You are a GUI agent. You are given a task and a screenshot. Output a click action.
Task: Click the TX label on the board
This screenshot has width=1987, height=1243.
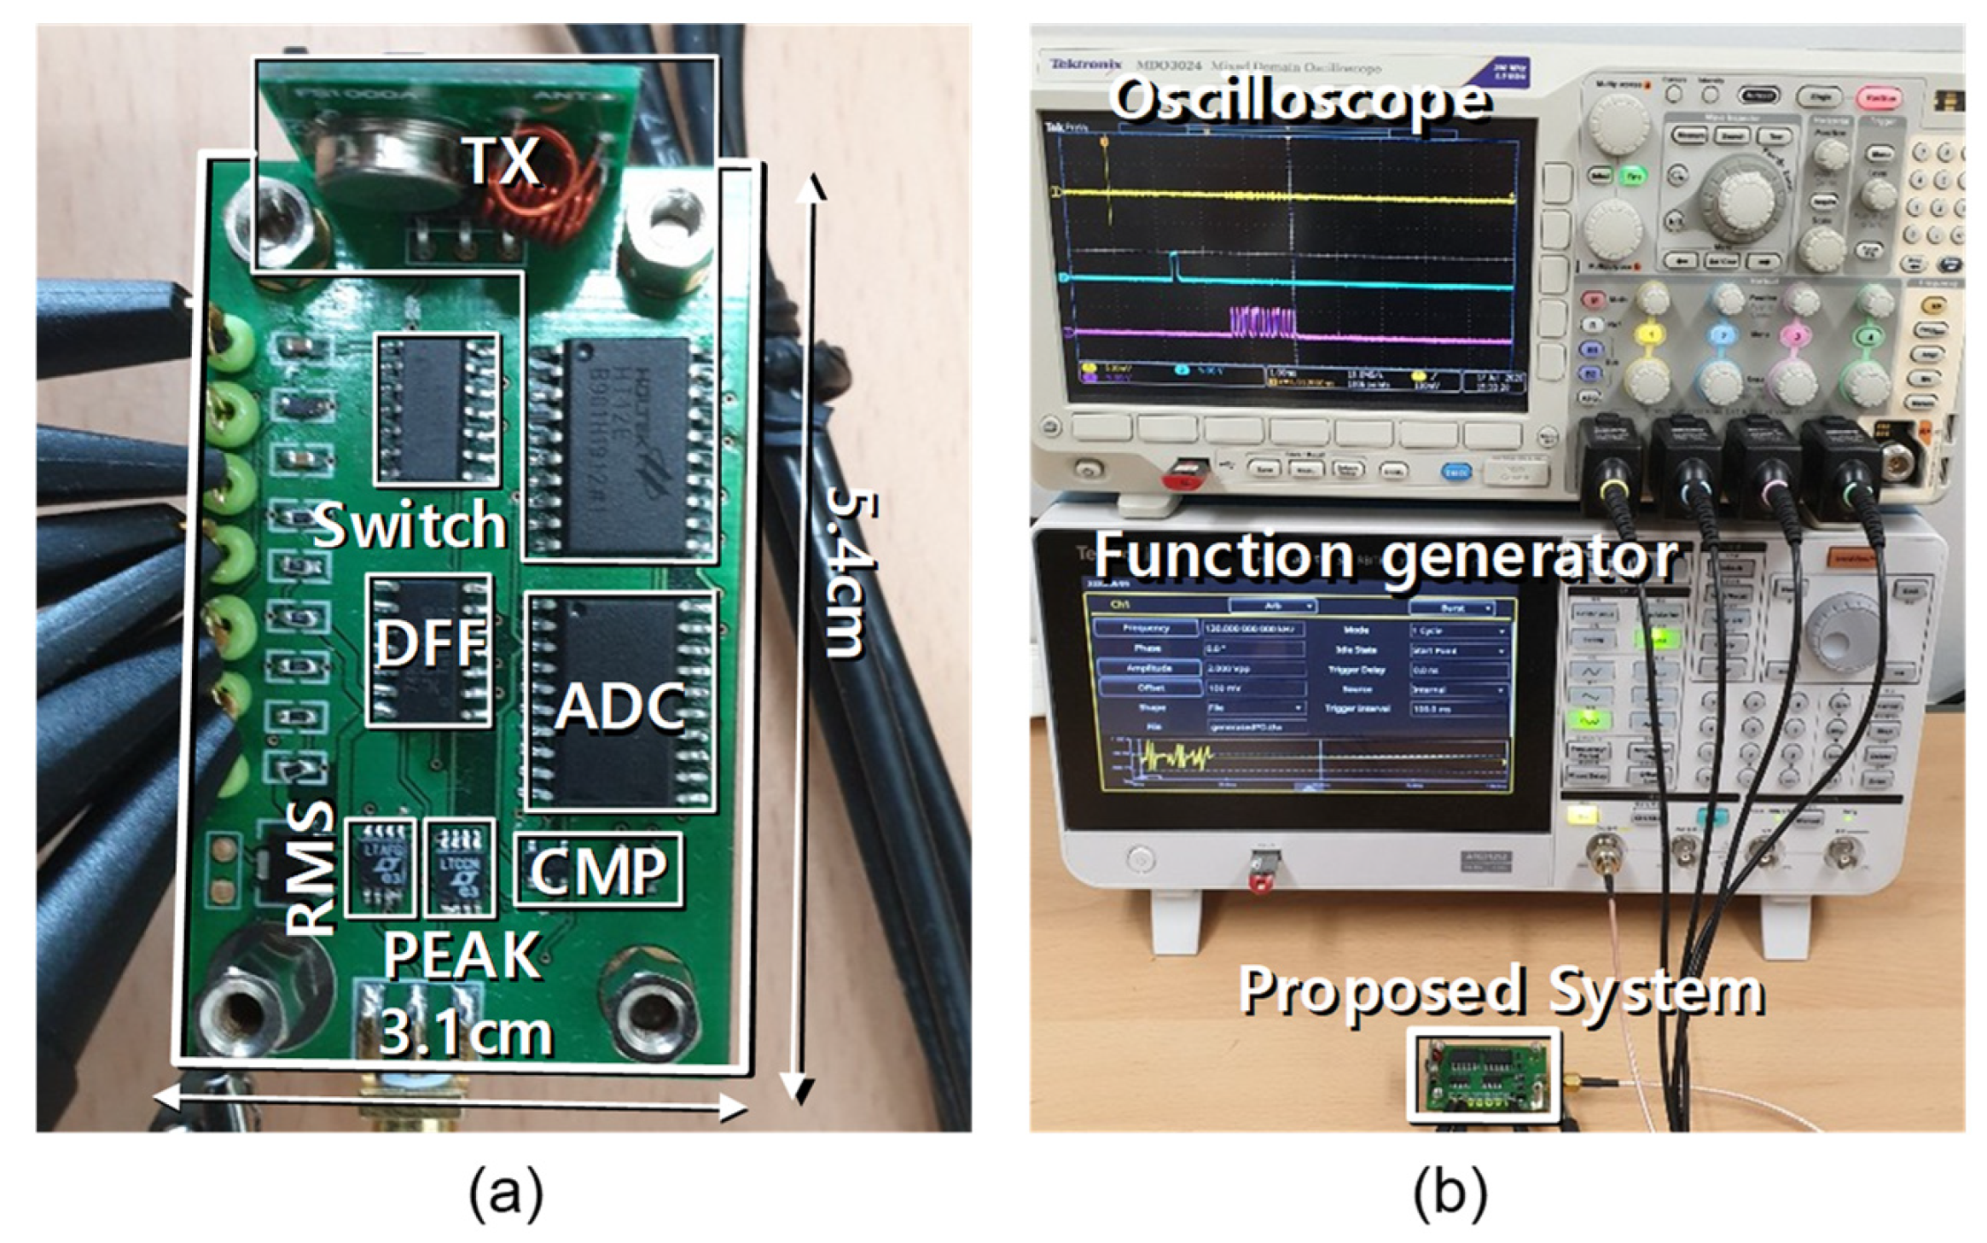(x=503, y=160)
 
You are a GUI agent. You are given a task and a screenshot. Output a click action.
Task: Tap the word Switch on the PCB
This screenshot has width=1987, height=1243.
(x=410, y=524)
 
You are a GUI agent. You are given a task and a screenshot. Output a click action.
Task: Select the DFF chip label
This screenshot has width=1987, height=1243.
(x=430, y=643)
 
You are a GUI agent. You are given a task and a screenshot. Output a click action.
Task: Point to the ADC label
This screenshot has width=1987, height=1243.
(x=620, y=706)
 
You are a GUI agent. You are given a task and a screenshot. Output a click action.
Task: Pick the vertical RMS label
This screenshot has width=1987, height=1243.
(x=309, y=868)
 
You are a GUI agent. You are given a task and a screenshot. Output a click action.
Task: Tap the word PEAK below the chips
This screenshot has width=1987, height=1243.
(x=462, y=955)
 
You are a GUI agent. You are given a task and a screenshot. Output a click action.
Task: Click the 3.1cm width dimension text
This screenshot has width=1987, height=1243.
(x=466, y=1032)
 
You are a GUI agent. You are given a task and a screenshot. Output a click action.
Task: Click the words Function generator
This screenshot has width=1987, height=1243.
(x=1386, y=556)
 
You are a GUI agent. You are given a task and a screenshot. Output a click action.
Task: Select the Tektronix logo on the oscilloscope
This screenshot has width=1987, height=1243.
(x=1085, y=64)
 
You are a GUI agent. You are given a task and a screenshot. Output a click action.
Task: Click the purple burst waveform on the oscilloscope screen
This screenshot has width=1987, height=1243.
(x=1263, y=324)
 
